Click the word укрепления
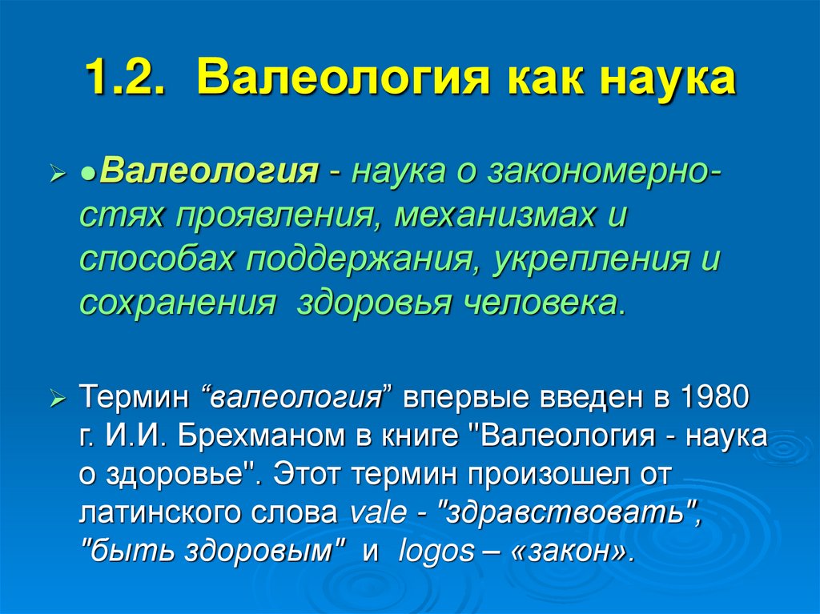590,259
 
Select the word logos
434,552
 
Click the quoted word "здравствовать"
565,513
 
